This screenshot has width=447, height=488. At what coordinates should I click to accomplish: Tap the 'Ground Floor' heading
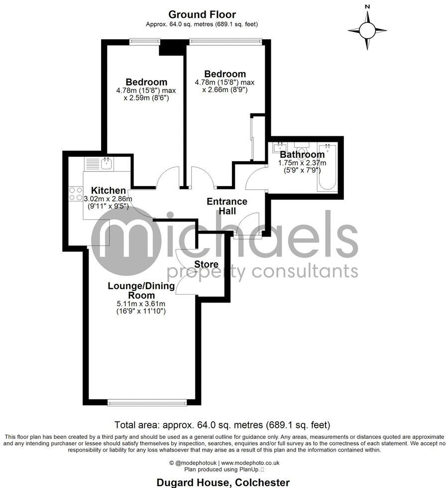[x=202, y=14]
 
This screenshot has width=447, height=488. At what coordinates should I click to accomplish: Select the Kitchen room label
[x=108, y=190]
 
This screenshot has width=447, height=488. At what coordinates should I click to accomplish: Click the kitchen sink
[x=106, y=162]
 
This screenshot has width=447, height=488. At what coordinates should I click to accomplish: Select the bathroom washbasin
[x=278, y=148]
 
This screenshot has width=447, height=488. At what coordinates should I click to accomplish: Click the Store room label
[x=206, y=264]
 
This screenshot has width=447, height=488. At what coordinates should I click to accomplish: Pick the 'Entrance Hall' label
[x=227, y=206]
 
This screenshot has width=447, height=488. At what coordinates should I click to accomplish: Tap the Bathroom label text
[x=302, y=155]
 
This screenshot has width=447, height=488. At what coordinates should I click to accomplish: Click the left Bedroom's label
[x=146, y=82]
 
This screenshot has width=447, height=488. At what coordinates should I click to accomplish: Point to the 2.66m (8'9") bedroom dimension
[x=224, y=90]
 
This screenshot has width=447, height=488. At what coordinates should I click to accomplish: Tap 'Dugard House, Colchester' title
[x=223, y=482]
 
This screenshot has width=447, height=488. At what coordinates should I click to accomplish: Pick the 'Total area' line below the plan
[x=223, y=425]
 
